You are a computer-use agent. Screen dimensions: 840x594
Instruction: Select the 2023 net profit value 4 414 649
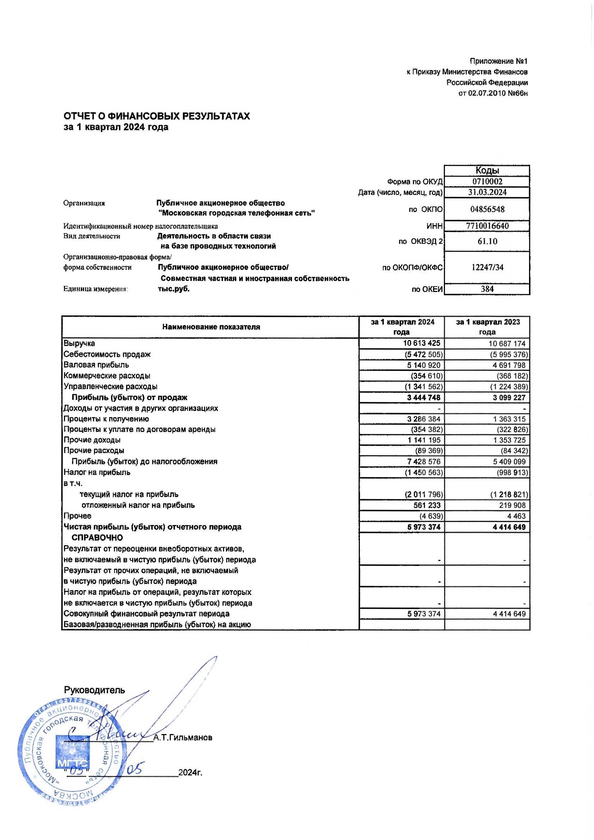(509, 527)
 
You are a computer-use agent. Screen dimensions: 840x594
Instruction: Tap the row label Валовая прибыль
(96, 365)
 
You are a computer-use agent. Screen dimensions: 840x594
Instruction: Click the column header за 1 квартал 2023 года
(488, 327)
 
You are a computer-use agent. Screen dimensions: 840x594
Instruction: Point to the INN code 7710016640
(487, 226)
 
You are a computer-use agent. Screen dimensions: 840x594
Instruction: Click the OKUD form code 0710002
(487, 181)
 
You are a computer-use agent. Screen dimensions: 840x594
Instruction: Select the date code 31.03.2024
(487, 192)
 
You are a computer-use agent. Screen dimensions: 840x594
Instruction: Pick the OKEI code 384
(487, 289)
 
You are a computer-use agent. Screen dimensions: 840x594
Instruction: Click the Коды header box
(487, 171)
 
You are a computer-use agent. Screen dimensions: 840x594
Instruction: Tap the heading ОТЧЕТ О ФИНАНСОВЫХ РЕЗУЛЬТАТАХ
(157, 116)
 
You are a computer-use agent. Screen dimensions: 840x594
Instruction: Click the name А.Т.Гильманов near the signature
(183, 738)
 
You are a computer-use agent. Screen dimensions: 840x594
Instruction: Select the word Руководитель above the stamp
(95, 690)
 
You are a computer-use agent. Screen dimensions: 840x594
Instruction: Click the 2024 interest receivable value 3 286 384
(424, 419)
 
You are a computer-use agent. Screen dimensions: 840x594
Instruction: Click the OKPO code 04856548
(487, 209)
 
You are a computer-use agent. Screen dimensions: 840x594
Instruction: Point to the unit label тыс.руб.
(173, 289)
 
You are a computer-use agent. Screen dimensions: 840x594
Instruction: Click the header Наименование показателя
(211, 327)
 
